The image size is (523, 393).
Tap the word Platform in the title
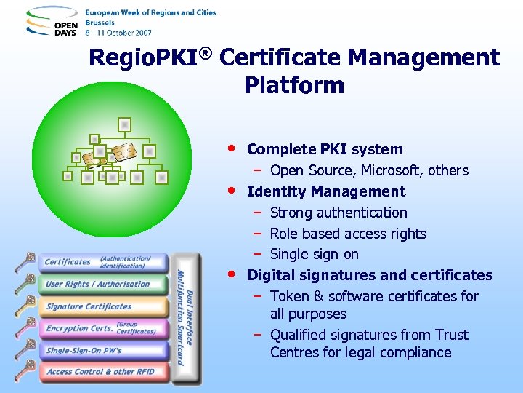(x=293, y=85)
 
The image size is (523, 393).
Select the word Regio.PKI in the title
(x=145, y=57)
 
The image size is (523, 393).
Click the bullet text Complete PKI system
(x=325, y=149)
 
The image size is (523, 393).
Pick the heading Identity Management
(x=326, y=191)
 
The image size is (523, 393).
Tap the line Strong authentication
(x=338, y=213)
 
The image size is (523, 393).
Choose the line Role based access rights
(x=348, y=234)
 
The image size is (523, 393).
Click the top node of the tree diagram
(x=125, y=124)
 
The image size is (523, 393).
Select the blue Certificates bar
(x=105, y=262)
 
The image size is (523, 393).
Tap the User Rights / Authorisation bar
(x=105, y=284)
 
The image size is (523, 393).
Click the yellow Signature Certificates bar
(x=105, y=306)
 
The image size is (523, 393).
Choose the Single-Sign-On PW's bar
(x=105, y=350)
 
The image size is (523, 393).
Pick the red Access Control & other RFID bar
(x=105, y=372)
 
